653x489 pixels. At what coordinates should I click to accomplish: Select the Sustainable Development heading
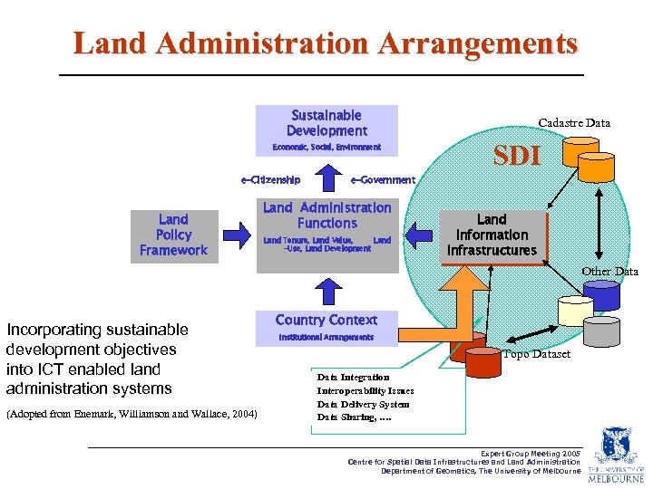click(x=326, y=123)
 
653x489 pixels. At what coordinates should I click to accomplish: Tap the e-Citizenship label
click(x=270, y=180)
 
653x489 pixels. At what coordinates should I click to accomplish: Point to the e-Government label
click(x=383, y=180)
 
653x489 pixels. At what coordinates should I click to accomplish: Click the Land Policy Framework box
click(x=173, y=235)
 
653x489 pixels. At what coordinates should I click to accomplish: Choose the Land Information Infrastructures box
click(x=492, y=235)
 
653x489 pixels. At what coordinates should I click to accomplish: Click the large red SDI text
click(x=516, y=156)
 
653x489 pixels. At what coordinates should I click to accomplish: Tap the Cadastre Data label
click(x=574, y=123)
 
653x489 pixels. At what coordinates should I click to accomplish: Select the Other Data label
click(x=610, y=272)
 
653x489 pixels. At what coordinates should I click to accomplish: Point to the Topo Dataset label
click(x=537, y=354)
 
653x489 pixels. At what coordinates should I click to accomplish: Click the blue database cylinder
click(x=600, y=296)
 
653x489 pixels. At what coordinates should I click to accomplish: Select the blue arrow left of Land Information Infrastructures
click(x=418, y=236)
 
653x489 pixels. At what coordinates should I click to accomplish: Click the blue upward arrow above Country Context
click(x=326, y=289)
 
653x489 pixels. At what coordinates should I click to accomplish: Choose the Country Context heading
click(x=326, y=321)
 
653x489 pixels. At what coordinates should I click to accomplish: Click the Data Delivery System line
click(x=363, y=404)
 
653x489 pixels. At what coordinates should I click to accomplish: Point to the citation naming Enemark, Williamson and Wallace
click(x=132, y=414)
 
